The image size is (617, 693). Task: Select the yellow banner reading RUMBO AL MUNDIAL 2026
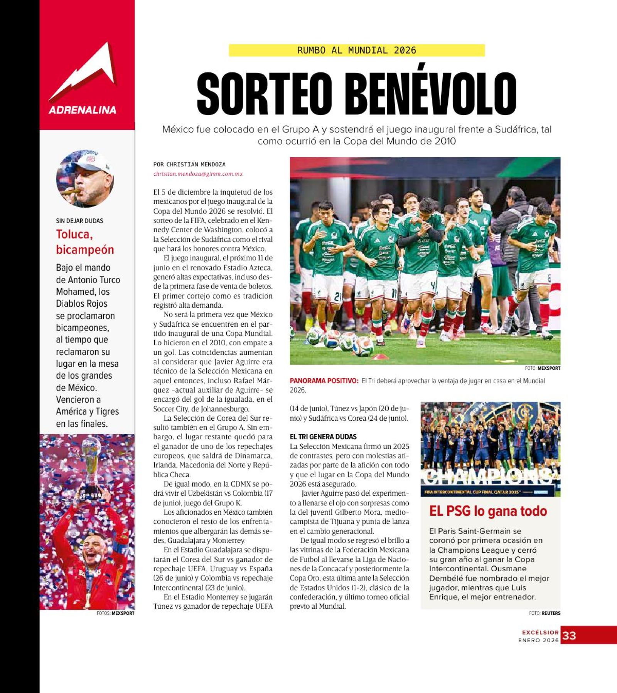pos(356,50)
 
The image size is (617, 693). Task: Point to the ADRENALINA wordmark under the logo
pos(83,110)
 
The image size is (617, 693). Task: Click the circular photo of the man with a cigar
pos(85,178)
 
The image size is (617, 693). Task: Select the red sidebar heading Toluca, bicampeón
pos(85,242)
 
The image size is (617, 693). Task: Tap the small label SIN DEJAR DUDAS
pos(79,221)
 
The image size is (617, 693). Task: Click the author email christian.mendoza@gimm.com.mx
pos(198,174)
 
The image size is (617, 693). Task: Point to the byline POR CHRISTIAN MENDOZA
pos(189,164)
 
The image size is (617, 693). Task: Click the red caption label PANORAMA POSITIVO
pos(324,381)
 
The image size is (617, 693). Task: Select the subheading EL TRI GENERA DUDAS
pos(323,437)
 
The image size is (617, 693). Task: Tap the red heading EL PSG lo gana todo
pos(488,511)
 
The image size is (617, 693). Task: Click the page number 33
pos(569,636)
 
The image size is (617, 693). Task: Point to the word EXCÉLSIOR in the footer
pos(540,633)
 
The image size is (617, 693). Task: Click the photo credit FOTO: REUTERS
pos(545,613)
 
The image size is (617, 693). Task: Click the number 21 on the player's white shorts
pos(337,296)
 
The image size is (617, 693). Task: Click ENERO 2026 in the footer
pos(538,640)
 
